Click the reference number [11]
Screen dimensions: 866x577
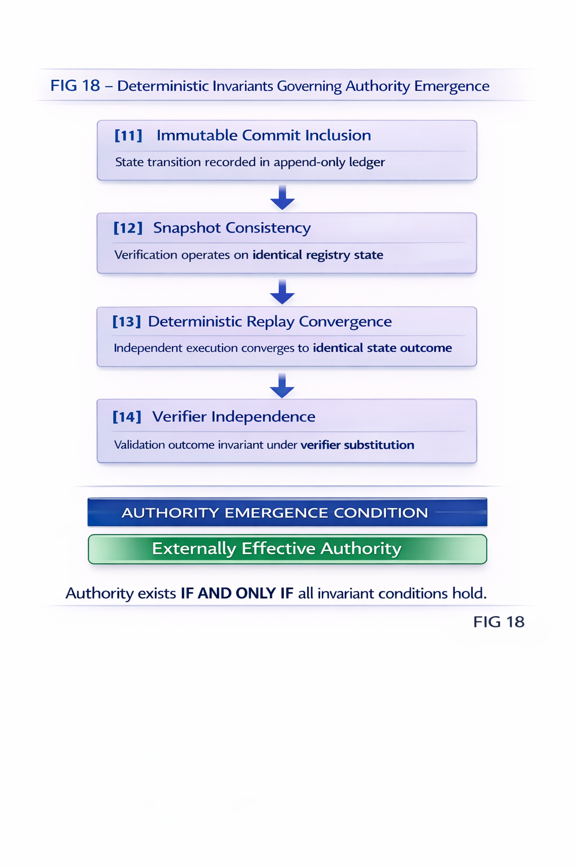[x=128, y=135]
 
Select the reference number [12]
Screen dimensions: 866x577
[x=128, y=228]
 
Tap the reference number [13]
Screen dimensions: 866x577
[x=126, y=321]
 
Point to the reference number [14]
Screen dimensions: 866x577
[x=127, y=417]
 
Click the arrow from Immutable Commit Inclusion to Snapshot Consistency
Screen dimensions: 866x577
[x=282, y=197]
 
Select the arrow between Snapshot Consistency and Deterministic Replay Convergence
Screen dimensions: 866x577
[x=282, y=291]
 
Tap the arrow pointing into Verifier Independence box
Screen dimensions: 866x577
[x=282, y=385]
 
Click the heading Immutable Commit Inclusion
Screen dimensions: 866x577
[x=264, y=135]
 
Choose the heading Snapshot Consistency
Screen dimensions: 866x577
[x=232, y=228]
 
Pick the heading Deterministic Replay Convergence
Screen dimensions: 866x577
[x=269, y=321]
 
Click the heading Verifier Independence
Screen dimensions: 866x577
[x=233, y=417]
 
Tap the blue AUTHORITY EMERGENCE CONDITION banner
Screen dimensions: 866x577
[x=287, y=512]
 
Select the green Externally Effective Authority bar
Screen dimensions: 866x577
[x=287, y=549]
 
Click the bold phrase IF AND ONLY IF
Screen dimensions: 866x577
[x=237, y=593]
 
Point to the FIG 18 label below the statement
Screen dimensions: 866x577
[x=499, y=622]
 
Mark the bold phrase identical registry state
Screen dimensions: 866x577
[x=318, y=255]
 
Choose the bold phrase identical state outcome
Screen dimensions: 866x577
[x=382, y=348]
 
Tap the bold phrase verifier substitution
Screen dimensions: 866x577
[x=357, y=445]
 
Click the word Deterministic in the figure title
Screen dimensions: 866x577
[x=163, y=86]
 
